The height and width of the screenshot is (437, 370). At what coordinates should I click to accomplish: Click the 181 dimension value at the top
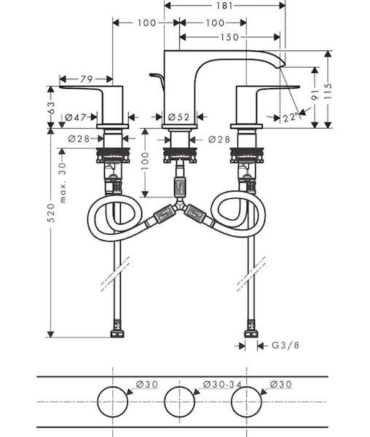[224, 6]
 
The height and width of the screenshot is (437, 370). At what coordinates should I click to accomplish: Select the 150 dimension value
[229, 37]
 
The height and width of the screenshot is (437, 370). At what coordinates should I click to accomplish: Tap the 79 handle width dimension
[87, 79]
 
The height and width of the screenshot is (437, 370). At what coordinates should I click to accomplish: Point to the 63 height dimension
[52, 108]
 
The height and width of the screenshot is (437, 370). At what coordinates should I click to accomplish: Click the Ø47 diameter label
[75, 117]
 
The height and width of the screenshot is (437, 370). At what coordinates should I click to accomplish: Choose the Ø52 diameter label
[179, 117]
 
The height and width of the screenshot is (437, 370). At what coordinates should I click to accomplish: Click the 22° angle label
[291, 117]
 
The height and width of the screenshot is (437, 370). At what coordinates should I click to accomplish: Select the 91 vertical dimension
[315, 95]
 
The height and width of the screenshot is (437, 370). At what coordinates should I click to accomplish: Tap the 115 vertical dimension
[328, 91]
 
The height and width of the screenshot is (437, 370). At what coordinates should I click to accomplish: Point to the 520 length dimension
[51, 213]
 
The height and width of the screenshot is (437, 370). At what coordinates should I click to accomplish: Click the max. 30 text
[63, 183]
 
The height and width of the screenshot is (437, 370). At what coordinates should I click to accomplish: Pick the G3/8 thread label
[286, 345]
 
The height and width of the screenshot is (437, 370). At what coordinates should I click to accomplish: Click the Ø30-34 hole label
[222, 385]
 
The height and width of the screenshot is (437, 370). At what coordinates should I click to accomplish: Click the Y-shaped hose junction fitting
[179, 207]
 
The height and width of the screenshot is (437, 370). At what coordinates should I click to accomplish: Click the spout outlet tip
[281, 66]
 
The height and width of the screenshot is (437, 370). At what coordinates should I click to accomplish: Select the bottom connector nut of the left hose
[117, 334]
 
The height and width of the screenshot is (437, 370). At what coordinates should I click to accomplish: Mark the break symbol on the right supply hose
[251, 274]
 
